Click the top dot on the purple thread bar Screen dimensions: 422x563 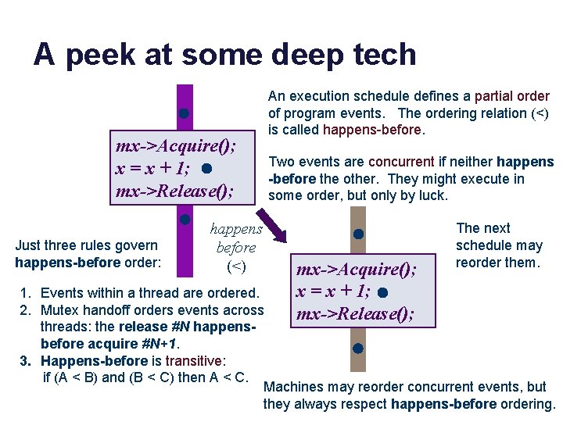coord(183,114)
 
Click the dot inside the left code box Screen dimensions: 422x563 coord(204,169)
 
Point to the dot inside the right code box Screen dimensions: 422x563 coord(381,293)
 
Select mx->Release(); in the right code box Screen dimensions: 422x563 coord(353,315)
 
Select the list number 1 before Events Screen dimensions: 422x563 coord(25,293)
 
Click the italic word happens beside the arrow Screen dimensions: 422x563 coord(235,229)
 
